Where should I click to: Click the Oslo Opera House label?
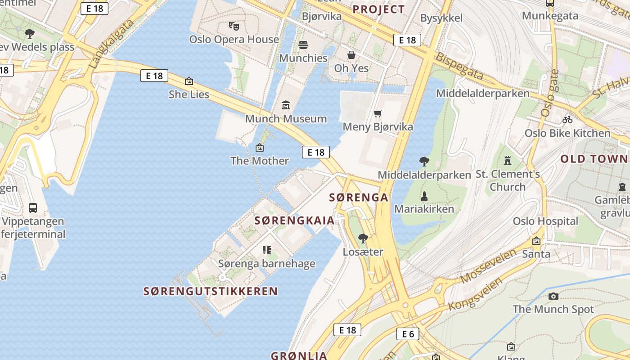pos(234,39)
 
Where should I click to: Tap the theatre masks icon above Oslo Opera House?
pos(233,26)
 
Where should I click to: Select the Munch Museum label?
pos(286,119)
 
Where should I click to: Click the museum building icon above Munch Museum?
pos(285,105)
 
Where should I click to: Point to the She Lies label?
pos(189,94)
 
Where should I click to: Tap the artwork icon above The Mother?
pos(259,148)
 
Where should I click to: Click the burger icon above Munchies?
pos(303,45)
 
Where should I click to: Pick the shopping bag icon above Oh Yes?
pos(351,55)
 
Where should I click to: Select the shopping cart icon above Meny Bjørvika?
pos(378,114)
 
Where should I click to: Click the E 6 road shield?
pos(408,334)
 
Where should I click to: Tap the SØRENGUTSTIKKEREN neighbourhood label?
pos(211,291)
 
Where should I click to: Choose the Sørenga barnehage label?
pos(267,264)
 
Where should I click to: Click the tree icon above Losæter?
pos(363,238)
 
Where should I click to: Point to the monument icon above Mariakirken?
pos(424,196)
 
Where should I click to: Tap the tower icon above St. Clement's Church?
pos(508,160)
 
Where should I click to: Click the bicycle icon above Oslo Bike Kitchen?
pos(567,120)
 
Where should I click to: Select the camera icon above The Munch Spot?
pos(553,296)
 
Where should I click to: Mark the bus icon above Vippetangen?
pos(33,208)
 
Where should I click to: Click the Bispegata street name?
pos(459,66)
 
